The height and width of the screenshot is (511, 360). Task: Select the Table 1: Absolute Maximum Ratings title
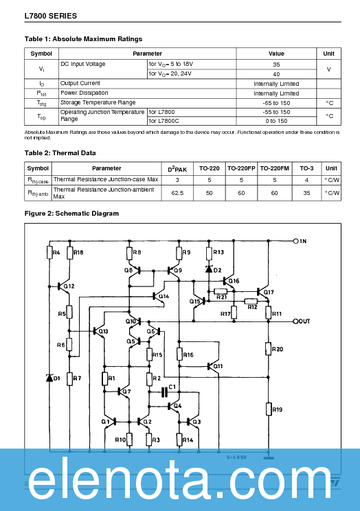point(83,39)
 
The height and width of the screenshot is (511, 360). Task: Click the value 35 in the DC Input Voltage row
point(275,64)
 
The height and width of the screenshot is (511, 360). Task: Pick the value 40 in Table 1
point(275,73)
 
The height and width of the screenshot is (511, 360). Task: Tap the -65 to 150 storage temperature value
point(275,102)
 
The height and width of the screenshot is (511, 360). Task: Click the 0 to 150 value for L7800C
point(275,120)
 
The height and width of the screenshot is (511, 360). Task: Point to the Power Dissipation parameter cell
point(84,93)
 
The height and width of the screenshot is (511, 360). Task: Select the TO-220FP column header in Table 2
point(241,168)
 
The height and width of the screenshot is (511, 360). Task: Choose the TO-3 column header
point(306,168)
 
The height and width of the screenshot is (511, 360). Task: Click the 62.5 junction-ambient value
point(177,193)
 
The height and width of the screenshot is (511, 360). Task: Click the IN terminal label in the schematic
point(302,241)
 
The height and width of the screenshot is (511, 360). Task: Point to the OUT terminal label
point(305,321)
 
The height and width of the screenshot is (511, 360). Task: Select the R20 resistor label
point(278,349)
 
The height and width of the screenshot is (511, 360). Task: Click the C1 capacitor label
point(172,387)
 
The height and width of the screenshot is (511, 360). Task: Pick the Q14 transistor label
point(164,297)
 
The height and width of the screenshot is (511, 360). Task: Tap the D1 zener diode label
point(57,378)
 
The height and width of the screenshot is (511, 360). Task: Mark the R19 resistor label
point(278,409)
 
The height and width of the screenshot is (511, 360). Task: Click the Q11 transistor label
point(218,366)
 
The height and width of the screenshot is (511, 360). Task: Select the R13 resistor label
point(218,253)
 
